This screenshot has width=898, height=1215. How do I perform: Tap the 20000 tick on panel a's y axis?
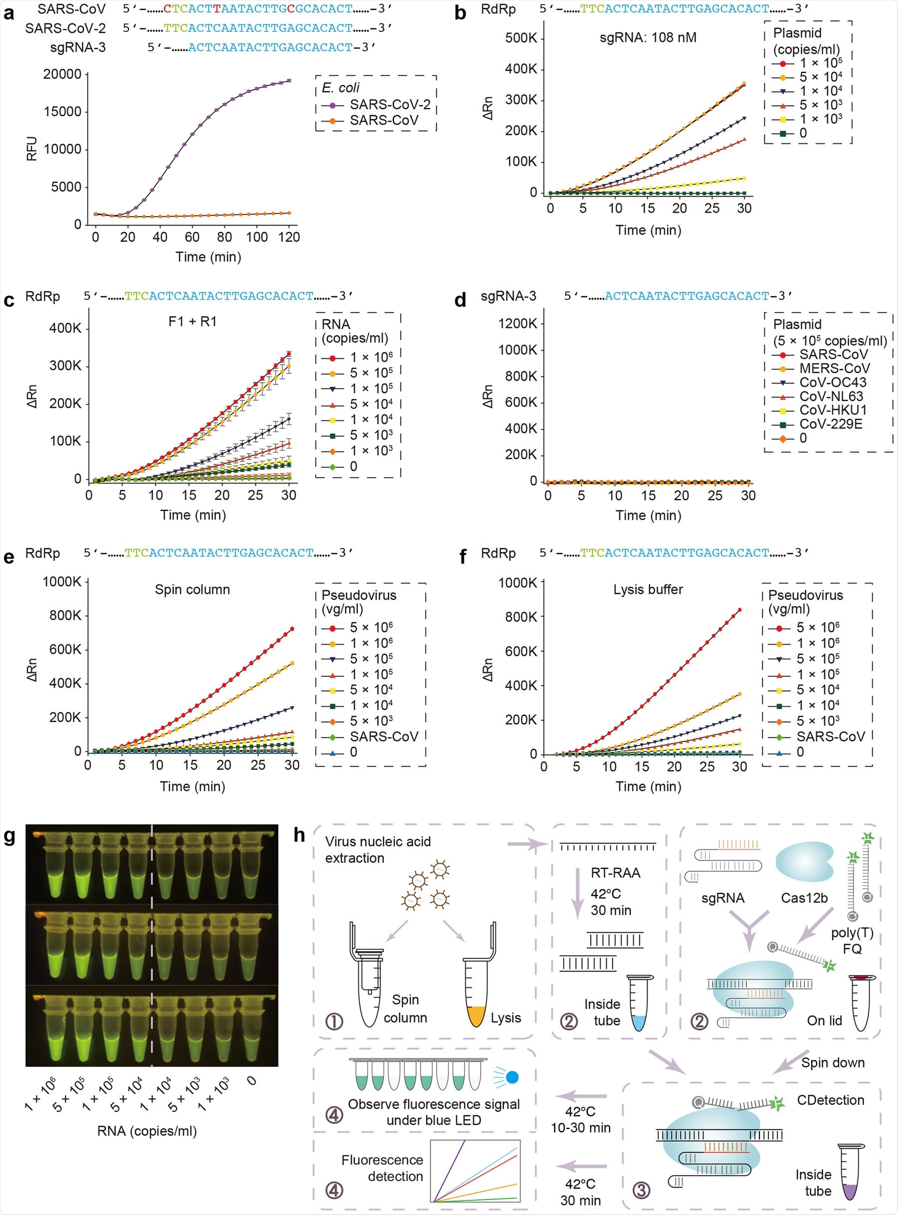point(62,74)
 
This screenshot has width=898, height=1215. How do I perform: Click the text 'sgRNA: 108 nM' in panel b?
point(648,38)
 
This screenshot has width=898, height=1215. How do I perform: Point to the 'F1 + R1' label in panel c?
point(193,322)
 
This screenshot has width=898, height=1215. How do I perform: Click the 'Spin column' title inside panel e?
point(193,590)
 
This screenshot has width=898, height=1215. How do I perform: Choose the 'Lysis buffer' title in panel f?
point(648,590)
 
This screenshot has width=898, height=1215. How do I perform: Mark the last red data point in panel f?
point(740,610)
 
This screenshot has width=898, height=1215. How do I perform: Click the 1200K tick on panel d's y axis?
point(517,324)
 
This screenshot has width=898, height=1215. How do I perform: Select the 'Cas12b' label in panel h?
point(804,898)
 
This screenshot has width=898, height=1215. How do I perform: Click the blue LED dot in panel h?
point(512,1077)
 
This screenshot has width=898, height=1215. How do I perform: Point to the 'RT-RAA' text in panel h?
point(615,873)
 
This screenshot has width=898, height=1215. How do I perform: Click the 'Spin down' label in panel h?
point(833,1063)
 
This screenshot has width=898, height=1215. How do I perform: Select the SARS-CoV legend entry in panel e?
point(384,737)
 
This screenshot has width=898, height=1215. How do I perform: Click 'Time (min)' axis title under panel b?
point(648,230)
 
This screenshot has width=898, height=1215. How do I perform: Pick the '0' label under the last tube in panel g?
point(251,1081)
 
